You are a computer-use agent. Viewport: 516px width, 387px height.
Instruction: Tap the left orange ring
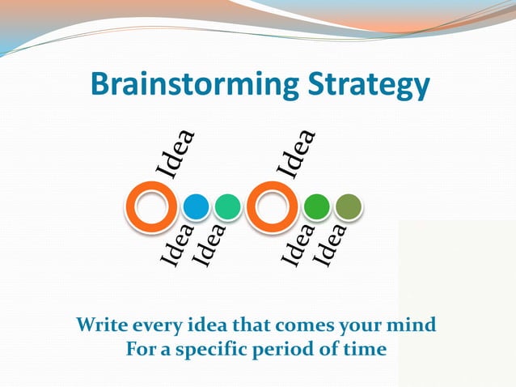click(x=151, y=208)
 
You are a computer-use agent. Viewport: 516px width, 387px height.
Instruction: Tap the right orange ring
click(x=273, y=208)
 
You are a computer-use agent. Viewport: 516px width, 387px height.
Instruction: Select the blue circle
click(x=196, y=208)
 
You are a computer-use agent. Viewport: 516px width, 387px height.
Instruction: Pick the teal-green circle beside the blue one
click(x=228, y=208)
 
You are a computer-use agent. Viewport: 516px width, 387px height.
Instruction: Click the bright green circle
click(x=316, y=208)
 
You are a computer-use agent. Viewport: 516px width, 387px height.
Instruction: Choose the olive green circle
click(x=348, y=208)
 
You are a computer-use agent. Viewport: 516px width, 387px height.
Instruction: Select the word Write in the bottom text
click(x=100, y=325)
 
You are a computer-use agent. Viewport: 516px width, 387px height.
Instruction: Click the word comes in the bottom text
click(x=292, y=325)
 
